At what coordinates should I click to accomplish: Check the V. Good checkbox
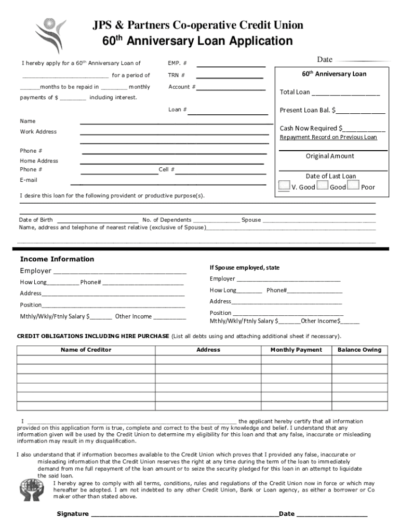point(284,185)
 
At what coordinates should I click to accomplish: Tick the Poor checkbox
point(353,185)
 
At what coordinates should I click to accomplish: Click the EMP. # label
point(177,63)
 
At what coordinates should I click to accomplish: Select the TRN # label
point(176,75)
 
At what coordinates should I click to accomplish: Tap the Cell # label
point(166,169)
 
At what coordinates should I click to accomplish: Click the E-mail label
point(29,180)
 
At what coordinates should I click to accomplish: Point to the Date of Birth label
point(36,220)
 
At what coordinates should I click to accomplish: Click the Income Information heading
point(57,259)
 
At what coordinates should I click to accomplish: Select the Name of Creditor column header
point(86,350)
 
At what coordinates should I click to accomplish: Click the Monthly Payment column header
point(296,350)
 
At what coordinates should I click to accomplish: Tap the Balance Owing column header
point(359,350)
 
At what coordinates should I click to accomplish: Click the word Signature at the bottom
point(73,514)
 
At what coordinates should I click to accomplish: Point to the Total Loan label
point(295,92)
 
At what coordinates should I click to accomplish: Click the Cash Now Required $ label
point(311,128)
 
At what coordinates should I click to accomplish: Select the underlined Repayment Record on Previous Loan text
point(328,137)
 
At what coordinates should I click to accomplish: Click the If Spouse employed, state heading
point(244,268)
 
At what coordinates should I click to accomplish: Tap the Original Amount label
point(330,156)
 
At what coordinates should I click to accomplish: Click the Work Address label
point(38,131)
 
